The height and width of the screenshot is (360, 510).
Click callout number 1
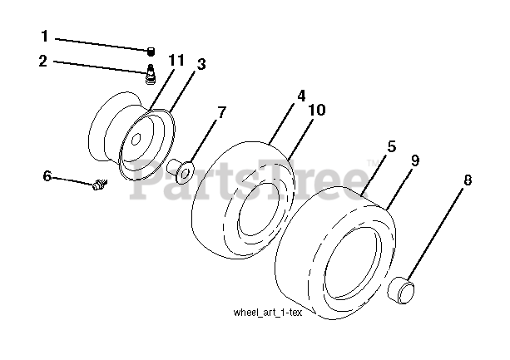[44, 37]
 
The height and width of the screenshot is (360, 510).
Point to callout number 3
[201, 63]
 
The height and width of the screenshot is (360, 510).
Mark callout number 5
[390, 147]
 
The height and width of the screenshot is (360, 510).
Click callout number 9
[414, 160]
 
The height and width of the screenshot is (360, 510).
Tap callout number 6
[47, 175]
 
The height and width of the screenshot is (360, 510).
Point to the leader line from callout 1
[100, 42]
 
